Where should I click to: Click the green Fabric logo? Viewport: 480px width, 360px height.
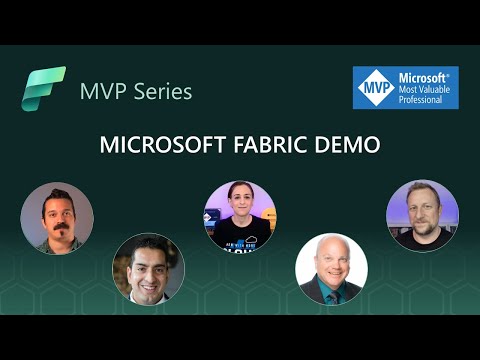tap(43, 90)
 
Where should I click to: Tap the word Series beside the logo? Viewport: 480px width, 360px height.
tap(160, 92)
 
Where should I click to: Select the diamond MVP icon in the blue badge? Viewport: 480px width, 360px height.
tap(372, 88)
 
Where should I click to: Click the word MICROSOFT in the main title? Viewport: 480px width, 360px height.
tap(156, 144)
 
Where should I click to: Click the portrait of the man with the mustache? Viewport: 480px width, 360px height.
tap(57, 218)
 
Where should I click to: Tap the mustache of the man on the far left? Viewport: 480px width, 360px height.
tap(56, 227)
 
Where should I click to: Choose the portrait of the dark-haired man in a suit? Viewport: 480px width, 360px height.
tap(148, 269)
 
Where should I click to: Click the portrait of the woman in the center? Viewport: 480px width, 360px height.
tap(239, 218)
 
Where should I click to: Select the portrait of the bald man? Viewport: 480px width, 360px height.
tap(331, 269)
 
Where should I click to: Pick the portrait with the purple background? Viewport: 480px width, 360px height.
tap(422, 216)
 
